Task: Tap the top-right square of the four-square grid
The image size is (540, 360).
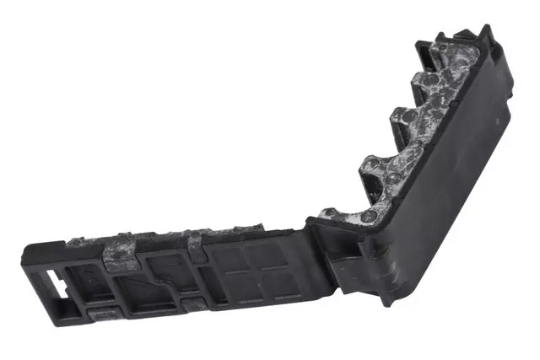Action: [268, 253]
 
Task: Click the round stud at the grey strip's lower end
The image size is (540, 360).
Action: [370, 217]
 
